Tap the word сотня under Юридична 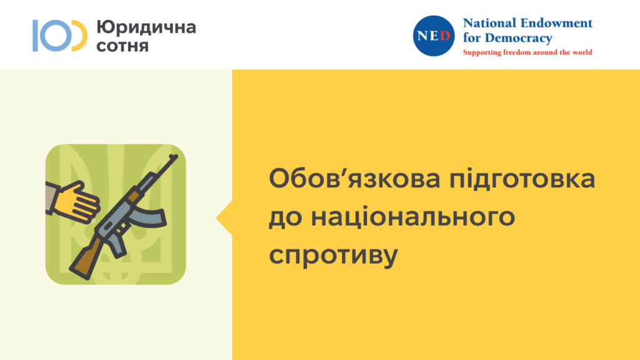pyautogui.click(x=122, y=45)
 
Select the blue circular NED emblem pyautogui.click(x=434, y=36)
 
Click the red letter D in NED pyautogui.click(x=445, y=36)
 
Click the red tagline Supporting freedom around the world pyautogui.click(x=527, y=52)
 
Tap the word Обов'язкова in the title pyautogui.click(x=354, y=179)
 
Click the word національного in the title pyautogui.click(x=412, y=217)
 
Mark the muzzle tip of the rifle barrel pyautogui.click(x=176, y=156)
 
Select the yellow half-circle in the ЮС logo pyautogui.click(x=79, y=36)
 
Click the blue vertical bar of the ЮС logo pyautogui.click(x=36, y=36)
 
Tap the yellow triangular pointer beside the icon pyautogui.click(x=224, y=218)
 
